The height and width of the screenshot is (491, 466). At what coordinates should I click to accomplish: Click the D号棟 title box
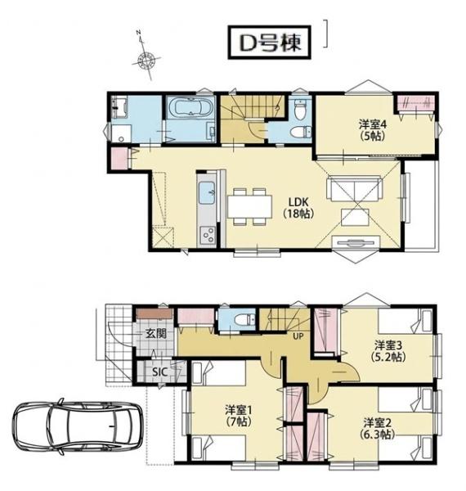[269, 43]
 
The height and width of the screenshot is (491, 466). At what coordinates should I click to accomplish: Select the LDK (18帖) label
[298, 207]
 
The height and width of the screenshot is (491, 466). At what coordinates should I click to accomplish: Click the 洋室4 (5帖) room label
[373, 130]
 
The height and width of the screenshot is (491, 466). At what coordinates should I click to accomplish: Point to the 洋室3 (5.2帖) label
[388, 351]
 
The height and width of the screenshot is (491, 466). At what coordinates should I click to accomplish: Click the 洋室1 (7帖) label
[239, 415]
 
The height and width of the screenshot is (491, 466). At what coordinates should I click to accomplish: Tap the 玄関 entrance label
[155, 334]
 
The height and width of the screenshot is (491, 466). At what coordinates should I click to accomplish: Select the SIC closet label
[159, 372]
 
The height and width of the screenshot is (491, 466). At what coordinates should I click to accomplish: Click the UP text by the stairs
[298, 336]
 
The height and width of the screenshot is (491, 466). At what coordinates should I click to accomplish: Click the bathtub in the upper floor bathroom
[190, 108]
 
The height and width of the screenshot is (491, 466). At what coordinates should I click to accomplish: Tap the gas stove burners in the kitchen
[208, 234]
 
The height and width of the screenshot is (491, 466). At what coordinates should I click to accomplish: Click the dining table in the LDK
[249, 206]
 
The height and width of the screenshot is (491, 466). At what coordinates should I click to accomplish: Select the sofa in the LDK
[354, 188]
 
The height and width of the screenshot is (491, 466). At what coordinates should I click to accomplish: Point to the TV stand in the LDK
[356, 243]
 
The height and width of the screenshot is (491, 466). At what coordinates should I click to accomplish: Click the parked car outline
[77, 427]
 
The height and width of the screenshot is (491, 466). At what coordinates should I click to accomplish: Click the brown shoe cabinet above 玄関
[155, 313]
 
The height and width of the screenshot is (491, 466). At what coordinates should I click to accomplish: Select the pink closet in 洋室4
[415, 103]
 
